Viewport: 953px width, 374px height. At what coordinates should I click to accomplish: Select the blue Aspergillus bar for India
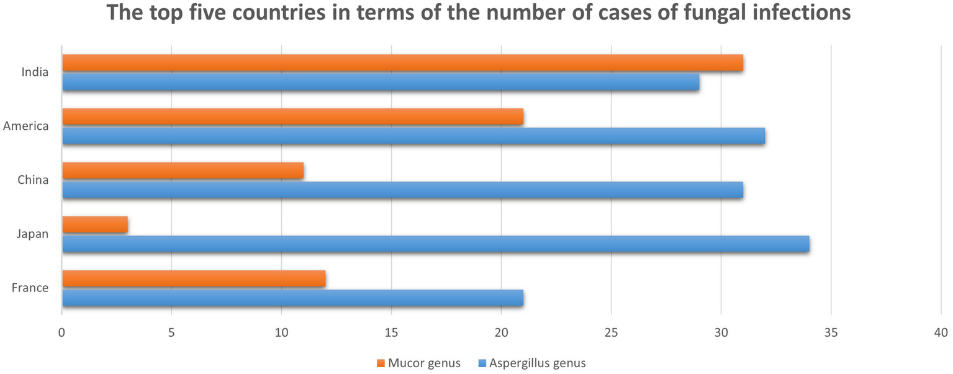[x=381, y=83]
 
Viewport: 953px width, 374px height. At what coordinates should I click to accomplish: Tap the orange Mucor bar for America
[x=292, y=117]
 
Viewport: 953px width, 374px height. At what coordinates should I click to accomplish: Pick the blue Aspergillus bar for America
[x=413, y=137]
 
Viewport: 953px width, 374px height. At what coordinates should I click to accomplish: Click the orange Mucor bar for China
[x=183, y=171]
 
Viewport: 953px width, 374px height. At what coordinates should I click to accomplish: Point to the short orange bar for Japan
[x=95, y=225]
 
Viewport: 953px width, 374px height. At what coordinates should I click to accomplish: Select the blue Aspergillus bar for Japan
[x=435, y=245]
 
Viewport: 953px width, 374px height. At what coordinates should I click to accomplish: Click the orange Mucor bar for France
[x=194, y=279]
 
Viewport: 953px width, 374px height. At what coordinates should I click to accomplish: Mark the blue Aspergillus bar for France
[x=292, y=299]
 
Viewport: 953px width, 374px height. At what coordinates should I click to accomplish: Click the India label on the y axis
[x=35, y=72]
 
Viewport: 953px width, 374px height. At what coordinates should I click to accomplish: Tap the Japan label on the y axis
[x=34, y=234]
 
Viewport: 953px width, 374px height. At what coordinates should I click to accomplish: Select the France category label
[x=30, y=288]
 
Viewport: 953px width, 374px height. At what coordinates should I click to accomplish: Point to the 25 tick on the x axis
[x=611, y=333]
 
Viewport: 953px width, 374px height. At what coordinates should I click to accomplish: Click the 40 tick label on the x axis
[x=941, y=333]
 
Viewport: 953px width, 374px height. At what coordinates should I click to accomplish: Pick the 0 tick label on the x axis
[x=62, y=333]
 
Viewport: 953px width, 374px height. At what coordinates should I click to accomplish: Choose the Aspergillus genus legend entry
[x=532, y=363]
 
